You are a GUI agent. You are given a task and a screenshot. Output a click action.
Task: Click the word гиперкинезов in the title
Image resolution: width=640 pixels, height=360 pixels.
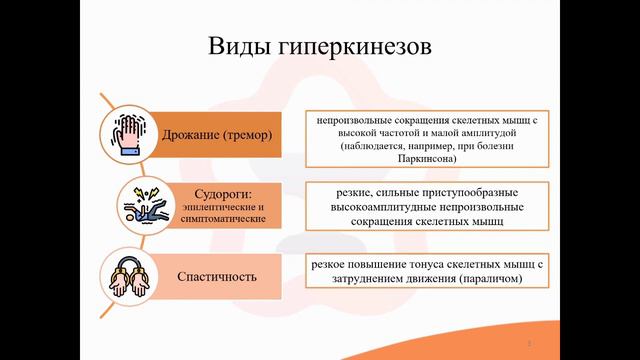click(x=352, y=48)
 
